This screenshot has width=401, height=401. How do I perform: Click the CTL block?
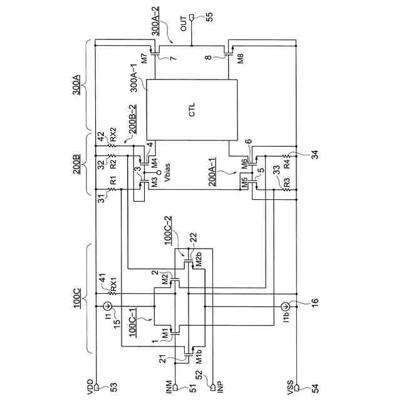(x=192, y=110)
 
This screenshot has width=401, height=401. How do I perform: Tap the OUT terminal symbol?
(x=192, y=18)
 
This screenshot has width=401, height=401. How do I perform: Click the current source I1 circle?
(x=107, y=306)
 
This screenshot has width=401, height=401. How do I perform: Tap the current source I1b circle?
(x=286, y=306)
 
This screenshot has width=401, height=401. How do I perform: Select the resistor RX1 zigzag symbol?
(x=112, y=293)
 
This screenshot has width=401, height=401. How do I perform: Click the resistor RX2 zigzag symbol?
(x=112, y=146)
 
